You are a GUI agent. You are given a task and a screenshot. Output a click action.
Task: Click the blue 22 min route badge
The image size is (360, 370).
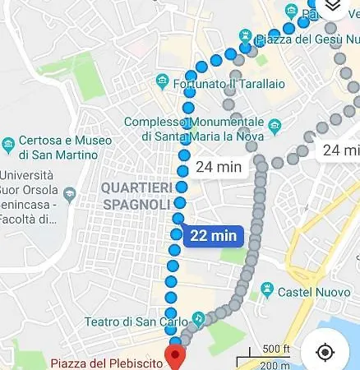(214, 236)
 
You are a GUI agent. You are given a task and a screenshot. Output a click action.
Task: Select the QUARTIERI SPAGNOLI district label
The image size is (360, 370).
(136, 196)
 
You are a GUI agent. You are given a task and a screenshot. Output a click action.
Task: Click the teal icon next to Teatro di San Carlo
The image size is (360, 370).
(197, 318)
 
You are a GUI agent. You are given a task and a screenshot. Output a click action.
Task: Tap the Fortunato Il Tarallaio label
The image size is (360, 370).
(219, 83)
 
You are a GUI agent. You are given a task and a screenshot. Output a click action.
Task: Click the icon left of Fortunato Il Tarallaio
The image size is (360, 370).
(162, 82)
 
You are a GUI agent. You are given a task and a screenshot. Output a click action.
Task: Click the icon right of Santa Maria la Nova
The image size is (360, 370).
(275, 125)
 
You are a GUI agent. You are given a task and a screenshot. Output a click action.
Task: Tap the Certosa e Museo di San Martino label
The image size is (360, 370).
(64, 147)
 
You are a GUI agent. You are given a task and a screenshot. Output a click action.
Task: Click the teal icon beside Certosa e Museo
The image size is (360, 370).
(8, 141)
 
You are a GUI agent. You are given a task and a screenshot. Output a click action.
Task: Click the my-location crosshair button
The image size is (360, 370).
(325, 352)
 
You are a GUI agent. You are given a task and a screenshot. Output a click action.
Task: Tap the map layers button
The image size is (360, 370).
(332, 7)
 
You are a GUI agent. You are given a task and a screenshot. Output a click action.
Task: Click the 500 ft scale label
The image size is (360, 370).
(276, 349)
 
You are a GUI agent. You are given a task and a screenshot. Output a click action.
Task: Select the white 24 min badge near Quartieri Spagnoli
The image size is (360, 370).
(218, 167)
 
